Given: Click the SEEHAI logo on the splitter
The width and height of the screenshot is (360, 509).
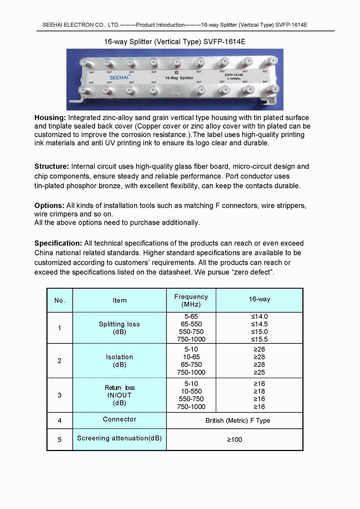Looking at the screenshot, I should click(x=119, y=77).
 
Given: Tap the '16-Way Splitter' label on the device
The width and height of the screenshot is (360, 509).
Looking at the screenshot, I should click(x=179, y=78).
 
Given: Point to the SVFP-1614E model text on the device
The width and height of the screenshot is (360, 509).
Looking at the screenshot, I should click(x=234, y=75).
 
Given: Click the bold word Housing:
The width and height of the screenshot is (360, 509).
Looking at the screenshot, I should click(x=50, y=118).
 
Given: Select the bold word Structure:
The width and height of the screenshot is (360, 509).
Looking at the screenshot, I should click(x=51, y=166).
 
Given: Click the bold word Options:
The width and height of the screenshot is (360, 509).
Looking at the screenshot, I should click(x=49, y=206).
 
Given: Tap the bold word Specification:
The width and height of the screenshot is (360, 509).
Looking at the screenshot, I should click(x=58, y=243).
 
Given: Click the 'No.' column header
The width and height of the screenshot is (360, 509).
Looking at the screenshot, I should click(x=60, y=301).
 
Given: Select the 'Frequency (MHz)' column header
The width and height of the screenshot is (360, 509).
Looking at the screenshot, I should click(x=191, y=301).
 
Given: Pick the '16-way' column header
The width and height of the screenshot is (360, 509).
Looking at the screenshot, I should click(x=259, y=299).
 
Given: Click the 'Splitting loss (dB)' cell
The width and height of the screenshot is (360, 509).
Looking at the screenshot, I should click(x=120, y=328).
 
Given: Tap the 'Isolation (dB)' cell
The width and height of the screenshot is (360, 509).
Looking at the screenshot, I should click(x=120, y=361).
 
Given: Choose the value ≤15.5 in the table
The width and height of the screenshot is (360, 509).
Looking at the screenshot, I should click(x=259, y=339).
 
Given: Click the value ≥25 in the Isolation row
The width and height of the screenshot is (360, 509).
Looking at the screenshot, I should click(x=259, y=372).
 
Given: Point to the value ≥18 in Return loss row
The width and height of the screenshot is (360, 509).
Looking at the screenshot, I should click(x=259, y=391).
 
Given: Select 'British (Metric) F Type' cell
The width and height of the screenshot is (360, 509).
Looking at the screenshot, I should click(x=238, y=420).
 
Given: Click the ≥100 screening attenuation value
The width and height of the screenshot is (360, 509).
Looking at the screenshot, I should click(x=234, y=440).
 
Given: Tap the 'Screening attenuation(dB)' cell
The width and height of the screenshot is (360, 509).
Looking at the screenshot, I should click(x=120, y=438).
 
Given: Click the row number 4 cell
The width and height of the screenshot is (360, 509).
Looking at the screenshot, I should click(x=60, y=420).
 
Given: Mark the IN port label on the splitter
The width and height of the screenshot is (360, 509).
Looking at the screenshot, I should click(x=176, y=72).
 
